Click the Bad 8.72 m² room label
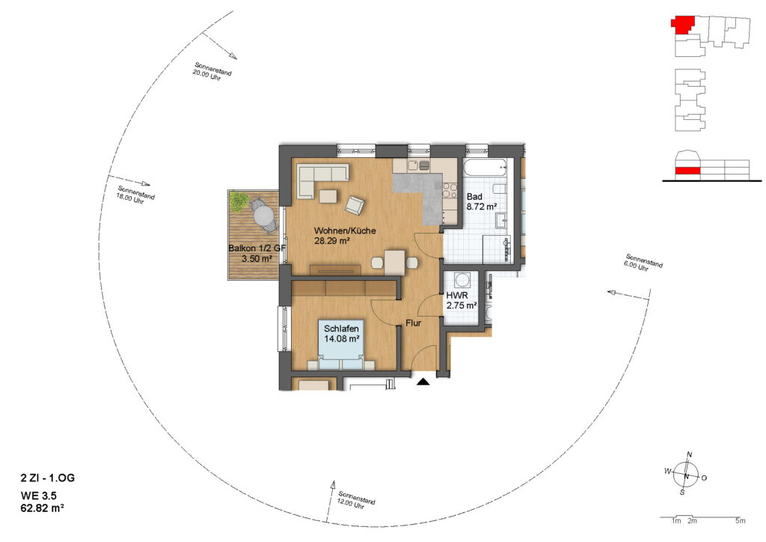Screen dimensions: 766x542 pos(482,201)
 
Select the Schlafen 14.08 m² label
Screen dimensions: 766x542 pos(342,333)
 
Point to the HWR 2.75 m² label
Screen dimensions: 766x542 pos(461,300)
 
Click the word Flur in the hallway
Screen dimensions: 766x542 pos(413,323)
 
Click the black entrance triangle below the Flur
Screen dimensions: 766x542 pos(423,382)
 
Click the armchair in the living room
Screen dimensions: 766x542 pos(355,204)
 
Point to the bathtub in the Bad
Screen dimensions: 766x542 pos(486,169)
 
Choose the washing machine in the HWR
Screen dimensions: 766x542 pos(462,280)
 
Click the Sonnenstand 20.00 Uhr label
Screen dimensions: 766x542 pos(211,71)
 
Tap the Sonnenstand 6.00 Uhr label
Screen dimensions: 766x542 pos(643,263)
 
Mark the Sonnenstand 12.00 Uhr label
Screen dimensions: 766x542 pos(355,501)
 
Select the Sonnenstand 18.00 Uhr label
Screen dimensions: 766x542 pos(135,195)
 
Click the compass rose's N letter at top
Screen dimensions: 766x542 pos(690,454)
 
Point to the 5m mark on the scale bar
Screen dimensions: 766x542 pos(741,521)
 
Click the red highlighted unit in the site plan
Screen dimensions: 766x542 pos(683,25)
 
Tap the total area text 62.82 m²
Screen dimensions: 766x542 pos(43,508)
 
